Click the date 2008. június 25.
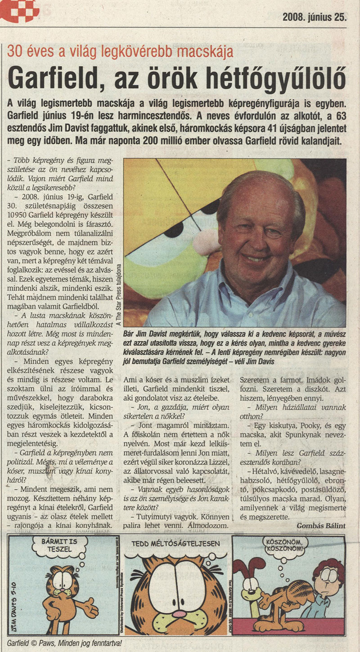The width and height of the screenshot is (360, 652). pos(315,17)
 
